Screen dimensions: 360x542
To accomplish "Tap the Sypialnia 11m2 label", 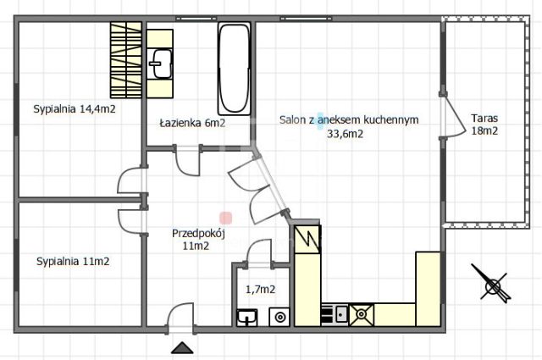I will (73, 262).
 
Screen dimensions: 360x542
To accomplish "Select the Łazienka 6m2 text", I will (192, 123).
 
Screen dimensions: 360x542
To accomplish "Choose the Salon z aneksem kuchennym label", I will (349, 121).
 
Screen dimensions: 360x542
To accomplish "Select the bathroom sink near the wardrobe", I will (160, 62).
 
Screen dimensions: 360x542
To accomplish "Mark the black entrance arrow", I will (181, 348).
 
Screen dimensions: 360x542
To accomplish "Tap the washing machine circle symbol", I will (279, 318).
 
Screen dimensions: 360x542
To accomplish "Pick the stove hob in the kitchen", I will (362, 314).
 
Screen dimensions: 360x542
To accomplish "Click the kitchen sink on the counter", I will (335, 314).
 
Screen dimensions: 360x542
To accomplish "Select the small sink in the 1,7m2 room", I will (246, 318).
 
